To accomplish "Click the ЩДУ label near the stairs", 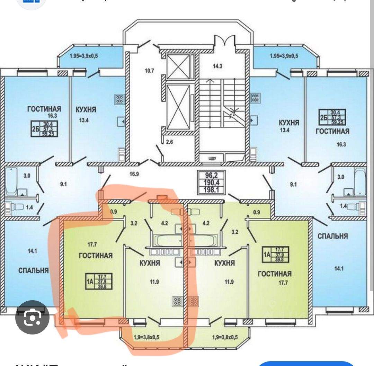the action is pyautogui.click(x=212, y=159).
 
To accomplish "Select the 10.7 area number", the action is pyautogui.click(x=149, y=71).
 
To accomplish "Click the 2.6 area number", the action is pyautogui.click(x=169, y=141).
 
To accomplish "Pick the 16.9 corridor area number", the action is pyautogui.click(x=134, y=174).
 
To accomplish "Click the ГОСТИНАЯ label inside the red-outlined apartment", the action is pyautogui.click(x=96, y=256).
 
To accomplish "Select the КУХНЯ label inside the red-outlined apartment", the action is pyautogui.click(x=150, y=263).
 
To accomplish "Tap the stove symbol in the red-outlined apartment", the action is pyautogui.click(x=177, y=301).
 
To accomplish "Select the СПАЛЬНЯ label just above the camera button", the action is pyautogui.click(x=33, y=270).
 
